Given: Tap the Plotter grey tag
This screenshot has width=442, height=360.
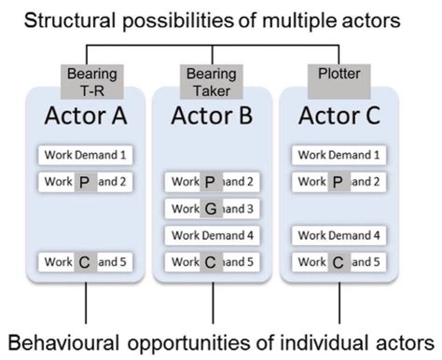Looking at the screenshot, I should (x=338, y=73).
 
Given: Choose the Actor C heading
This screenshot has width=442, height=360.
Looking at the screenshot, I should (x=338, y=116).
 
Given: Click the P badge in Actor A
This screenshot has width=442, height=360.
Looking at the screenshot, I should (x=84, y=182).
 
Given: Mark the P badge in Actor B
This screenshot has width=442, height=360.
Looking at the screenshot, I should (x=211, y=182).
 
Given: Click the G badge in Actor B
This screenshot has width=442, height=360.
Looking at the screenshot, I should (x=211, y=209).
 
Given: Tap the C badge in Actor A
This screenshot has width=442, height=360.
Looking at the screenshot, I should (x=84, y=262).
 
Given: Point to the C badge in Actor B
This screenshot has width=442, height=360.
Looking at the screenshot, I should (x=211, y=262).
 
